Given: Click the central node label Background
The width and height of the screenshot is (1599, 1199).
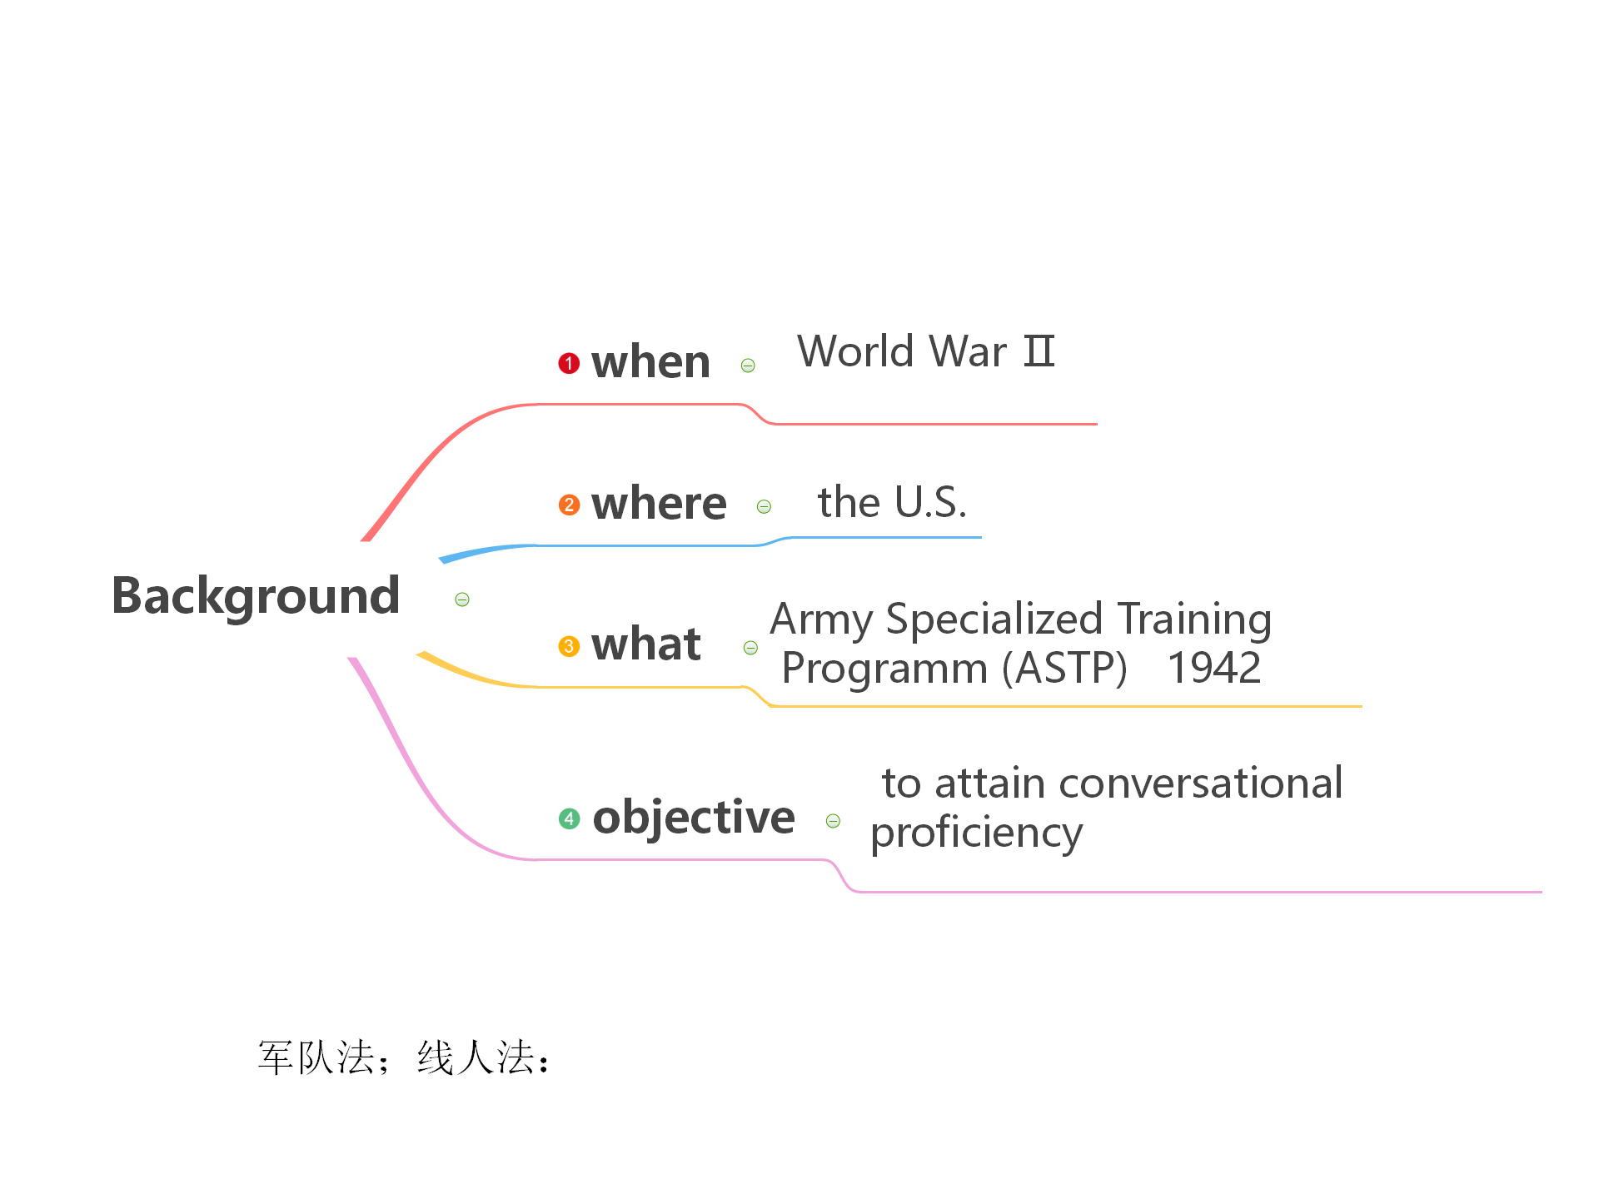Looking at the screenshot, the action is coord(256,596).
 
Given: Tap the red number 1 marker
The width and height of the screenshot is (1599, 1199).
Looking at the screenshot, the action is coord(569,363).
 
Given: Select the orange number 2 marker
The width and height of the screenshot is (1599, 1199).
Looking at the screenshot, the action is coord(569,505).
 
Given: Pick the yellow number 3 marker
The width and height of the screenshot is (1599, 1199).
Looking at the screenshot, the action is coord(569,646).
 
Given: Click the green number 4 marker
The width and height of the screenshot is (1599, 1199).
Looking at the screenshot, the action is coord(569,818).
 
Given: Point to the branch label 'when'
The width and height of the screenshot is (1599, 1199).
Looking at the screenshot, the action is coord(650,363).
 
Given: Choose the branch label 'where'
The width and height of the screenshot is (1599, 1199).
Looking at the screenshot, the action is coord(659,505).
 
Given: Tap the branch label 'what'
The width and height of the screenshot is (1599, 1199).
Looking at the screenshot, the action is coord(646,645).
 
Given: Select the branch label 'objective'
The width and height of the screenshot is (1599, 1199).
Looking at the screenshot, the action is coord(694,818).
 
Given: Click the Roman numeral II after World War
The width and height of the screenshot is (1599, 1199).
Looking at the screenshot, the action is coord(1039,351).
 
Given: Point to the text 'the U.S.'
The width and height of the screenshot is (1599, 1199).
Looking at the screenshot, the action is coord(892,502).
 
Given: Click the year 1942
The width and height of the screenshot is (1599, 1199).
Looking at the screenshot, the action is coord(1214,668).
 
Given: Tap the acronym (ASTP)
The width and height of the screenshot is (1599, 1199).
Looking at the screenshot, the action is coord(1064,668).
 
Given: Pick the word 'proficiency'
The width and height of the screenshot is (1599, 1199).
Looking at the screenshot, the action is coord(976,833).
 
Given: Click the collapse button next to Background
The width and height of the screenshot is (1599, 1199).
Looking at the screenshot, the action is coord(462,599).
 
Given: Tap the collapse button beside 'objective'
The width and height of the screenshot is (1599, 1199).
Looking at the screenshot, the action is coord(833,821).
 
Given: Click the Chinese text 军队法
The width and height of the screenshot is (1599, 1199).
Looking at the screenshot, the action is coord(316,1057).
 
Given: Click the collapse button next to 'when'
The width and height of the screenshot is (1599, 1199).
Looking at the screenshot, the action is coord(748,366).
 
